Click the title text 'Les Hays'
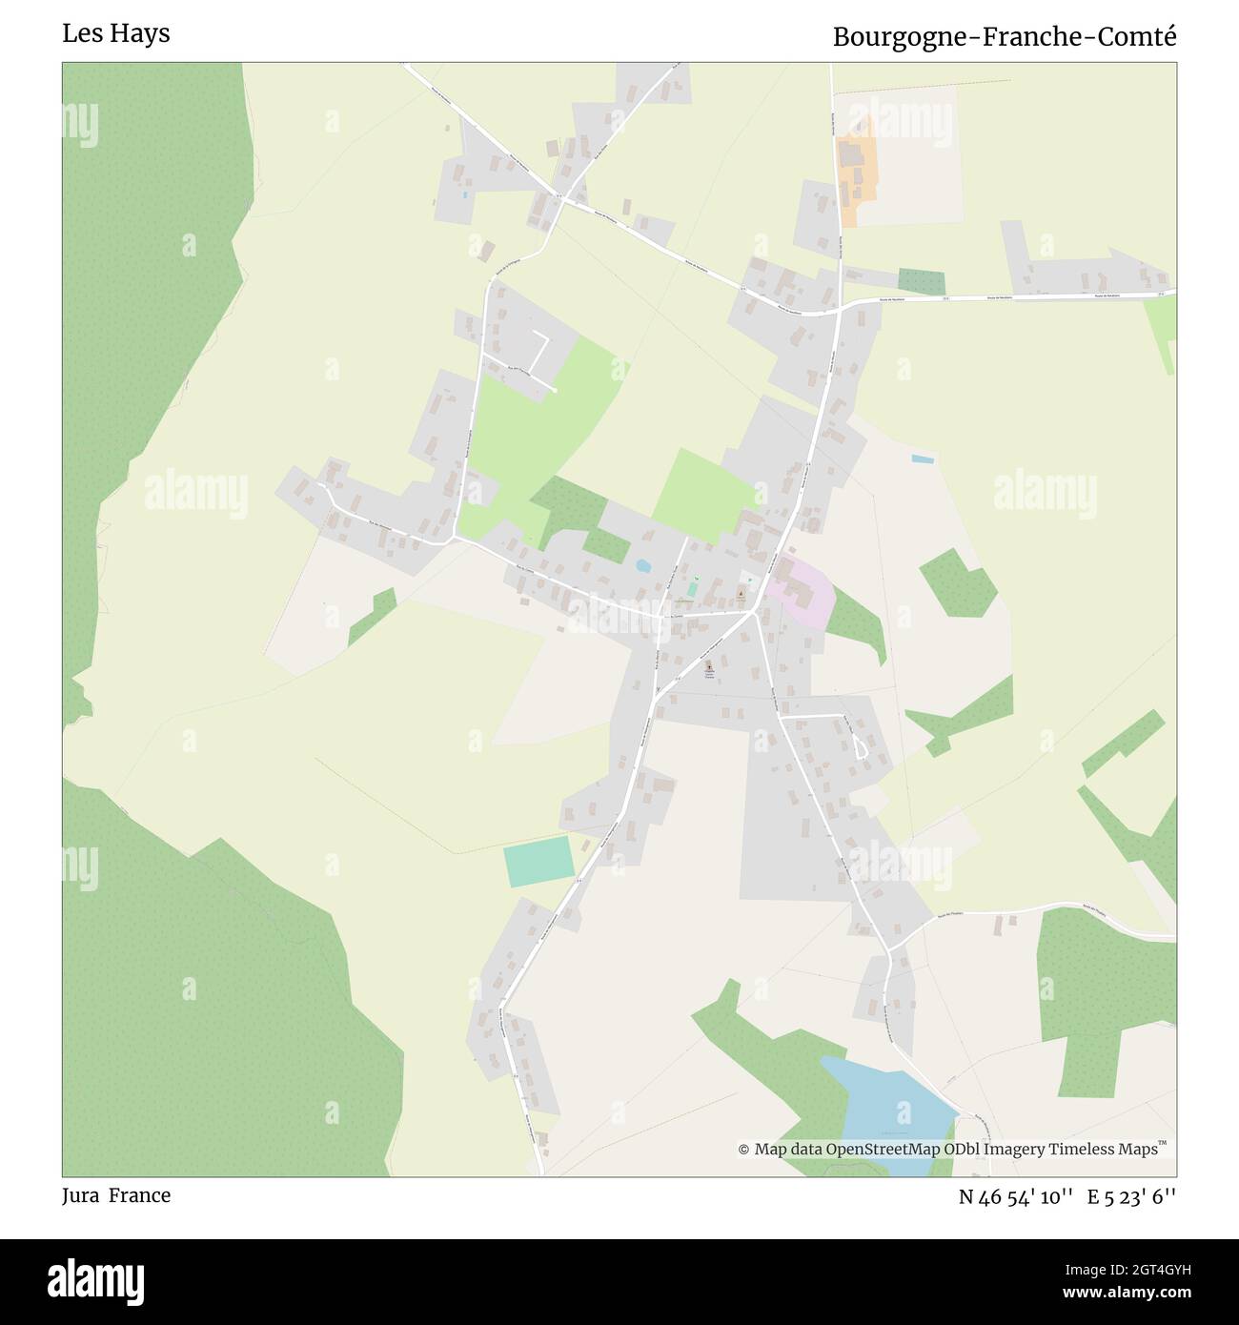(x=116, y=33)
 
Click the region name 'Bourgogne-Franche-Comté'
(x=1005, y=37)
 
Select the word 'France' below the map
(x=139, y=1195)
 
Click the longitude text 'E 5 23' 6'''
(x=1131, y=1196)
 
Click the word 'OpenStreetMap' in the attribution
(x=884, y=1150)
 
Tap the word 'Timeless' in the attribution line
(x=1083, y=1150)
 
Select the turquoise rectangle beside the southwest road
(x=538, y=862)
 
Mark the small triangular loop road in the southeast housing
(x=861, y=746)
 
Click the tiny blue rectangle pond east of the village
(x=922, y=459)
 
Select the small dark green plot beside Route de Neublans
(x=922, y=281)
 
